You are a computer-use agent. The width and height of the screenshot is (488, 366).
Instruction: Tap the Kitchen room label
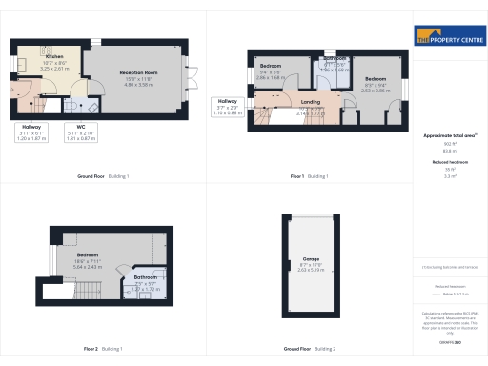53,57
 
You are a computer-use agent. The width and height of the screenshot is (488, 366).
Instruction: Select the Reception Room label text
137,73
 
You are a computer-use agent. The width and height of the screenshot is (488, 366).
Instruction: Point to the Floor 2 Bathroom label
145,278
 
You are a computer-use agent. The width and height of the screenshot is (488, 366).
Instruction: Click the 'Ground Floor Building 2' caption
311,349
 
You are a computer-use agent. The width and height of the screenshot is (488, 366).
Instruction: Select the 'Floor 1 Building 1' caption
311,176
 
